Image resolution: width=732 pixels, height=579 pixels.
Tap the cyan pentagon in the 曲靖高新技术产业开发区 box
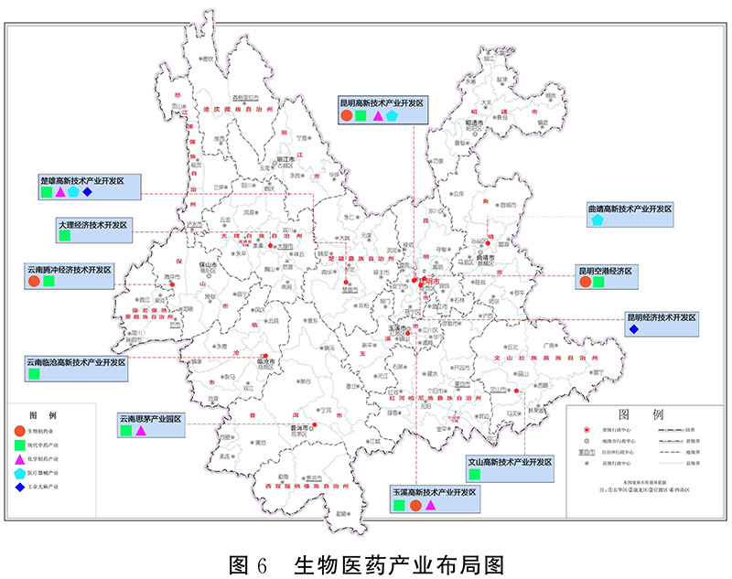[597, 221]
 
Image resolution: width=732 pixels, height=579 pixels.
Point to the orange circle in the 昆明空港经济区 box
[585, 284]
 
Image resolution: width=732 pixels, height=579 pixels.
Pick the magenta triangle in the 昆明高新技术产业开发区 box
[377, 117]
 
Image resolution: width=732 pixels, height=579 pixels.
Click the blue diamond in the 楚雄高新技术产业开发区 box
[87, 193]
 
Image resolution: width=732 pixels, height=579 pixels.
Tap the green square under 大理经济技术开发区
[65, 236]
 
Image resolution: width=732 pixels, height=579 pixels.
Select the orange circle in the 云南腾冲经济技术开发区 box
[34, 283]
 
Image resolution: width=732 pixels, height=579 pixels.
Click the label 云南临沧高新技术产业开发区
[76, 362]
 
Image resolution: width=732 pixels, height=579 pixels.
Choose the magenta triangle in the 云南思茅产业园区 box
[141, 430]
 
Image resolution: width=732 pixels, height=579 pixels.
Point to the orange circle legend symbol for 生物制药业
[19, 430]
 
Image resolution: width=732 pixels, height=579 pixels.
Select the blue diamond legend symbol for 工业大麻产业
[19, 488]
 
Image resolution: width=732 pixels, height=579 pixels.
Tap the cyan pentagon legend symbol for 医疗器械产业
[19, 473]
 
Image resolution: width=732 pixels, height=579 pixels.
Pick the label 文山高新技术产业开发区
[510, 463]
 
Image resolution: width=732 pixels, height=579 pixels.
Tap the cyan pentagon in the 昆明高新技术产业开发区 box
[393, 117]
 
